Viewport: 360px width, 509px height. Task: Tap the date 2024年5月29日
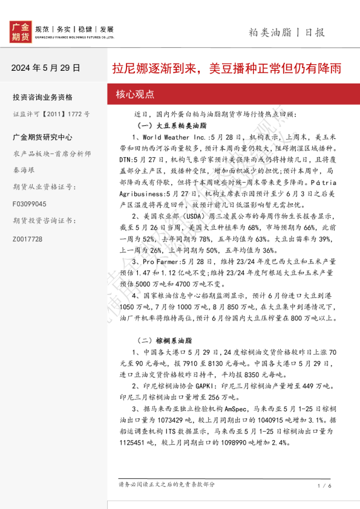[45, 68]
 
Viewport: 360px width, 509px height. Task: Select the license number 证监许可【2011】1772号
[51, 114]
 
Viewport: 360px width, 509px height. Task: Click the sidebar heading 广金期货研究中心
[42, 137]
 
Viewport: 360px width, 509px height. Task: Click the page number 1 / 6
[324, 485]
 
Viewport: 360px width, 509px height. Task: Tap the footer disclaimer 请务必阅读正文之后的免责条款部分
[167, 484]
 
